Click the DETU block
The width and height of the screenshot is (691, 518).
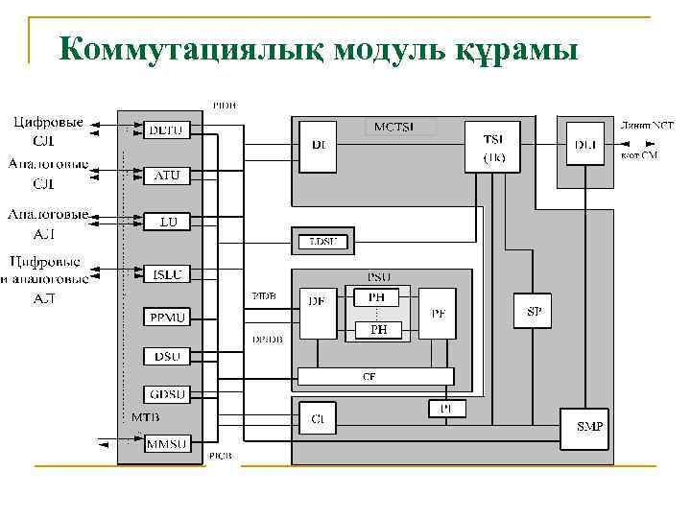[x=168, y=129]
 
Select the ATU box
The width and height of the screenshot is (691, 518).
[x=168, y=176]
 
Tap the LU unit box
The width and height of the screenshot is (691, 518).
[x=168, y=222]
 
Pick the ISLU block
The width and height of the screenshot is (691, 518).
[x=168, y=274]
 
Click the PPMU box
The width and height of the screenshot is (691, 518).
[x=168, y=316]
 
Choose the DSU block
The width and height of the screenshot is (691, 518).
[x=168, y=356]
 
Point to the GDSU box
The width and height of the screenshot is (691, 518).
[x=168, y=393]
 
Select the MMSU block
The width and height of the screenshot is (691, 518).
[x=168, y=443]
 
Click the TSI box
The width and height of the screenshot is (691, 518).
[x=492, y=147]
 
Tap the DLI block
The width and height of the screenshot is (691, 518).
[x=584, y=147]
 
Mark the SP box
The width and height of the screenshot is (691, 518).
[x=535, y=311]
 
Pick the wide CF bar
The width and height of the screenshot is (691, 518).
[x=375, y=376]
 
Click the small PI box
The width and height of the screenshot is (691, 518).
[x=446, y=409]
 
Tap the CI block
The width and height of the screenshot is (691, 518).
[x=317, y=418]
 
